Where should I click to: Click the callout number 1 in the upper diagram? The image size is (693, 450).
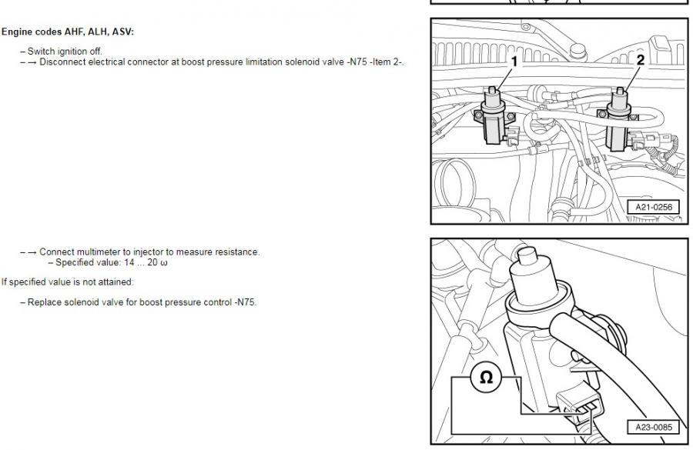(x=514, y=62)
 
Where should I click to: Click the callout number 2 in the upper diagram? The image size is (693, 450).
(x=641, y=60)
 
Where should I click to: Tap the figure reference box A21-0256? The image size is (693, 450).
(x=654, y=207)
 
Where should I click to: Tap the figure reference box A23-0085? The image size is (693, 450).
(x=654, y=427)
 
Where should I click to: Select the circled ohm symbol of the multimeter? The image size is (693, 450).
(x=486, y=378)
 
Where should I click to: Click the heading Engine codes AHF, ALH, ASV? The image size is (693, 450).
(x=68, y=32)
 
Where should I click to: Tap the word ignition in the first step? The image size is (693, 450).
(x=73, y=52)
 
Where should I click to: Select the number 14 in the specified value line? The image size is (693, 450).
(x=124, y=263)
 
